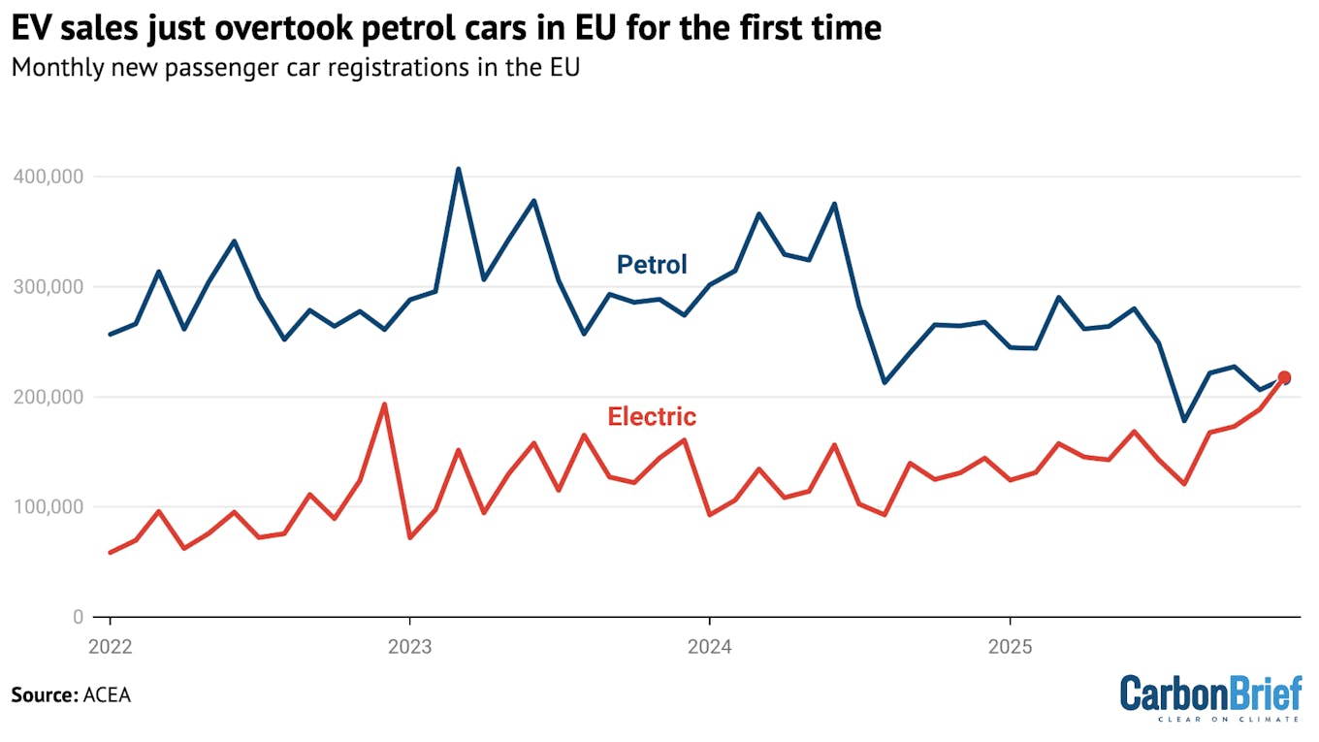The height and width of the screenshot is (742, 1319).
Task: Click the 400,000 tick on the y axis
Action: [49, 177]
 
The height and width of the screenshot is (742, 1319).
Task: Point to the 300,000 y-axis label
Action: [49, 287]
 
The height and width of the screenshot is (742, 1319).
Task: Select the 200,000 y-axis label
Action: [49, 397]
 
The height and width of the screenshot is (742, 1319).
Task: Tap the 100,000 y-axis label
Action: [49, 507]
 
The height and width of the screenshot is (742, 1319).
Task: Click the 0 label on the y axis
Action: [79, 617]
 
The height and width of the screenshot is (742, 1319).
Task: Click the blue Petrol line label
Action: [652, 265]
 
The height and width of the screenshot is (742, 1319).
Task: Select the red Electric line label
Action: [652, 417]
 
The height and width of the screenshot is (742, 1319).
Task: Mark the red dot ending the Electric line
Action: [1284, 377]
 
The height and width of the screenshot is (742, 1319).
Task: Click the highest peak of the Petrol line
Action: [459, 169]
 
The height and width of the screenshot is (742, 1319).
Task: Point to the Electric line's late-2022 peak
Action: [384, 404]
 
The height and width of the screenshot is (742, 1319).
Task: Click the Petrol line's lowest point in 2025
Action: [1183, 421]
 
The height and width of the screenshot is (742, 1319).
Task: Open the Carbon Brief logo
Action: [1210, 696]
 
